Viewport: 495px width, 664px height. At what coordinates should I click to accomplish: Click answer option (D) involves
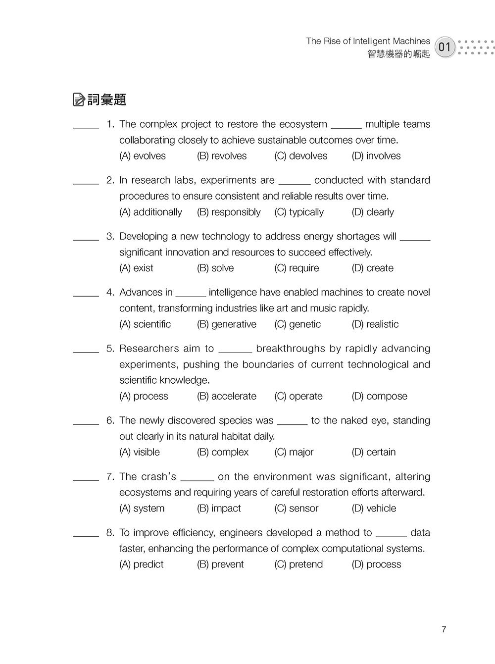(376, 156)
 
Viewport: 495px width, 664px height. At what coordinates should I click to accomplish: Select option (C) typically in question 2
(298, 212)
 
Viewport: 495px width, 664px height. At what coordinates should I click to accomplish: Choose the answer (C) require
(297, 268)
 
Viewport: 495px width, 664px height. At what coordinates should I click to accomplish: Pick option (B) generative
(226, 324)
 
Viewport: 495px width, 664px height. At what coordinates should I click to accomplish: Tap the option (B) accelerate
(226, 396)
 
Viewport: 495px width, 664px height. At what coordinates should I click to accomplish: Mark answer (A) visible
(139, 452)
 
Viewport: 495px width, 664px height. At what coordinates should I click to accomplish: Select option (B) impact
(218, 508)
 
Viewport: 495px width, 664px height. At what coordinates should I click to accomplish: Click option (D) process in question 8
(376, 564)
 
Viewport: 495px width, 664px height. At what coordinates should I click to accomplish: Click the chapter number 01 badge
(445, 48)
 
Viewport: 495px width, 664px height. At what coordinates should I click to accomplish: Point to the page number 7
(444, 629)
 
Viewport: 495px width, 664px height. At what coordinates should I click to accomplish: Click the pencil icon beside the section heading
(79, 100)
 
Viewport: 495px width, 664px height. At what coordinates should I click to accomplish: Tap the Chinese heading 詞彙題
(106, 100)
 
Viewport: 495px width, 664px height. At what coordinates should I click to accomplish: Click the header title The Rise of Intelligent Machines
(368, 41)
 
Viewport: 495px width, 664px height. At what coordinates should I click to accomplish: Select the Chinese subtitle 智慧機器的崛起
(398, 54)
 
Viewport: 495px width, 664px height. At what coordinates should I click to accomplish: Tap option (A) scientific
(145, 324)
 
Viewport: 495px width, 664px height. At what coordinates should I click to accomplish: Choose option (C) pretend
(298, 564)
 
